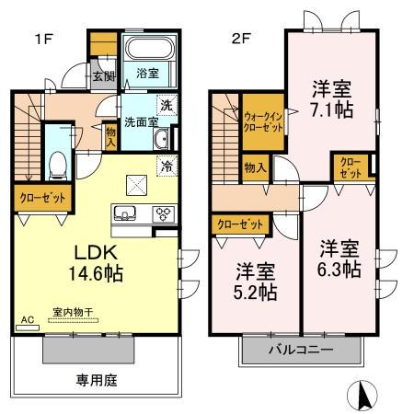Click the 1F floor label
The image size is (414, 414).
(42, 40)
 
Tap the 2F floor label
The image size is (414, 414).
(242, 40)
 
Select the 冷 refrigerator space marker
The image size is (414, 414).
(167, 167)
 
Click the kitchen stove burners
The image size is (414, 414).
(162, 213)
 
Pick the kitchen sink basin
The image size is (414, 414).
(125, 214)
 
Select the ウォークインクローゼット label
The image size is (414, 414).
(262, 122)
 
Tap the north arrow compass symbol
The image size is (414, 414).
(362, 396)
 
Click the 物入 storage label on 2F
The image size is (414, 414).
(256, 167)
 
